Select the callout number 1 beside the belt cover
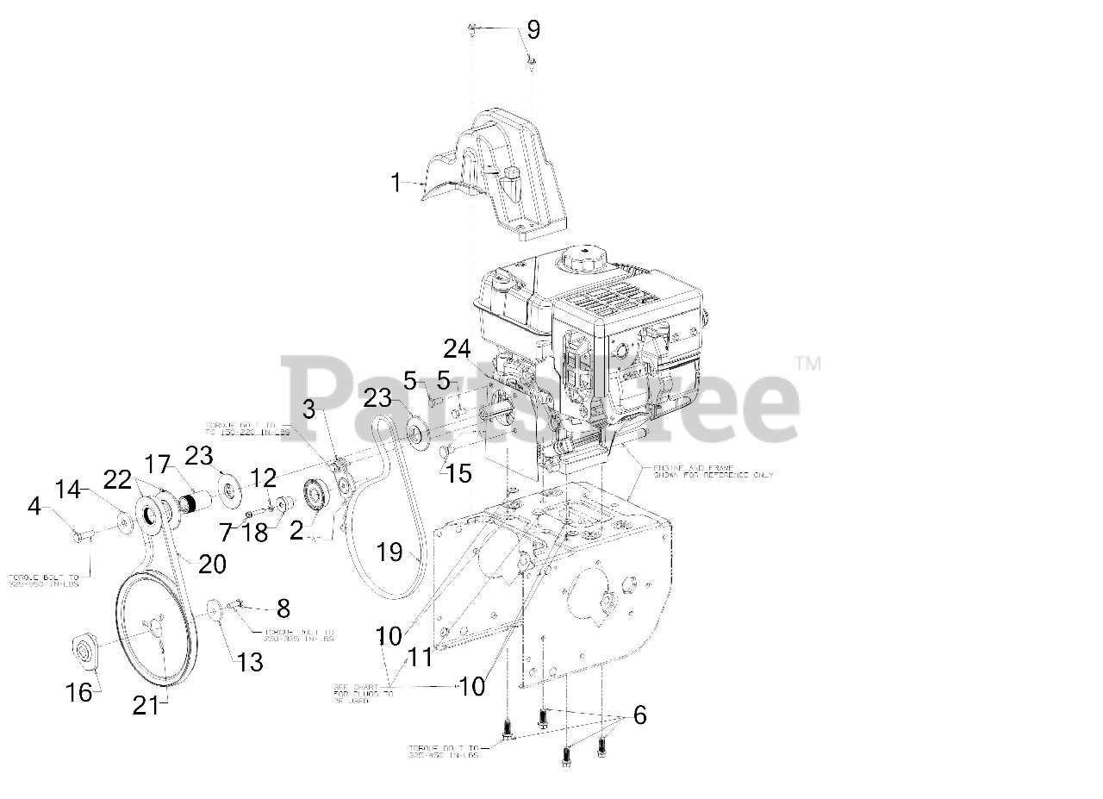pos(396,183)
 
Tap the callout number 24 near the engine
pos(458,349)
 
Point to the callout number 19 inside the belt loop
pos(389,552)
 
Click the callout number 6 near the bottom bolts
pos(639,715)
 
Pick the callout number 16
pos(79,691)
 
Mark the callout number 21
pos(145,705)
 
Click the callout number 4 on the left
pos(34,506)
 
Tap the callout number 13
pos(250,662)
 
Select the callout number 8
pos(283,608)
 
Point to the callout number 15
pos(460,473)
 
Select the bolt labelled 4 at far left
pos(80,536)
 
